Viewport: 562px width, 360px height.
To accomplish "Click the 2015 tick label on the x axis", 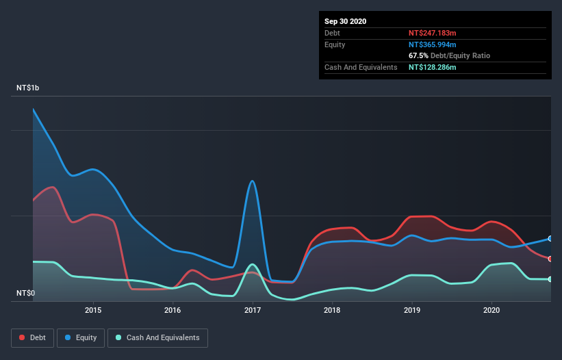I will tap(93, 310).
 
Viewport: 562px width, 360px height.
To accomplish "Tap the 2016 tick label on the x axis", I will tap(173, 310).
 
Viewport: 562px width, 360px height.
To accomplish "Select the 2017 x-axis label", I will tap(253, 310).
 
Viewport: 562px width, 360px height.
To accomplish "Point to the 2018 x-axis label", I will tap(332, 310).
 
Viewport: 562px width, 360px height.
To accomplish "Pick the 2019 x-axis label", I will tap(412, 310).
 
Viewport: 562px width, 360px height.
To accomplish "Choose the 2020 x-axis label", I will tap(491, 310).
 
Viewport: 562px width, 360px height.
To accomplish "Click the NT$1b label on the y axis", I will tap(28, 88).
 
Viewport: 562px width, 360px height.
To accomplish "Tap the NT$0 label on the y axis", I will tap(25, 293).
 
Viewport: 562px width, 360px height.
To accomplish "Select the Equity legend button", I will tap(81, 337).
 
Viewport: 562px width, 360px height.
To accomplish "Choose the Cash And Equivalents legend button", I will tap(157, 337).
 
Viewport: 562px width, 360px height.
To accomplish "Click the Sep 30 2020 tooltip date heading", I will tap(345, 21).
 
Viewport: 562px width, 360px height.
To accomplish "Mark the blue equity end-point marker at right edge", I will tap(550, 239).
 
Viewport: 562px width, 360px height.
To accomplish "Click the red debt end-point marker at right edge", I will tap(550, 259).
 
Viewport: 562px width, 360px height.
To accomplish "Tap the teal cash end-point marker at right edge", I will tap(550, 279).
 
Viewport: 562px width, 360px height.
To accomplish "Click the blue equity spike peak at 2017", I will tap(253, 181).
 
